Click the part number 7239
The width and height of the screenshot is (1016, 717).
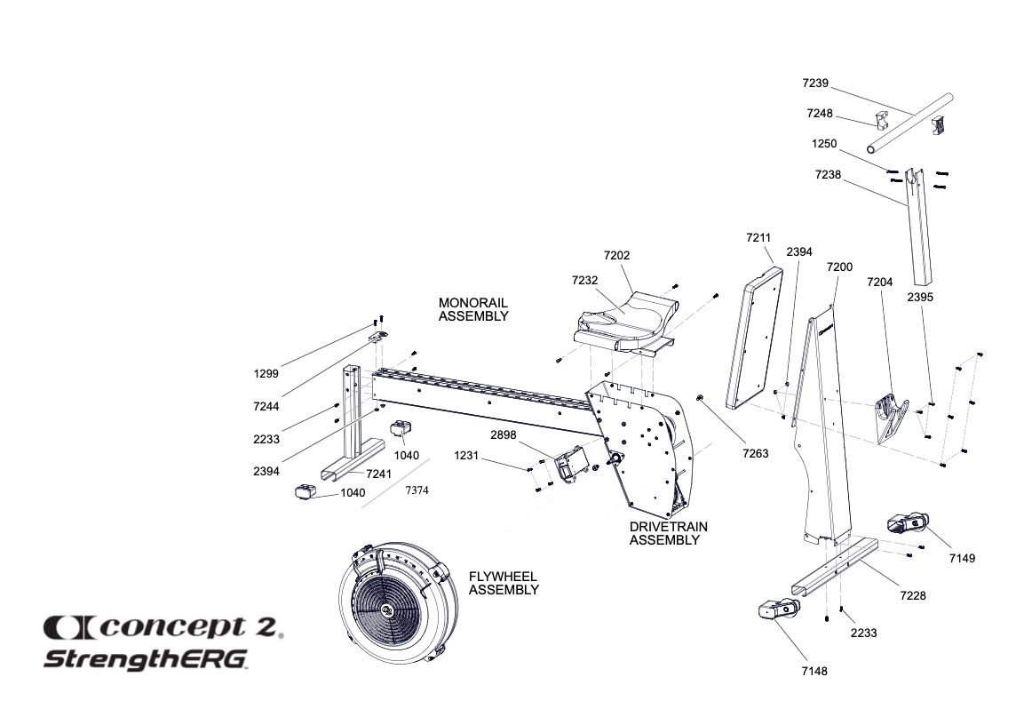814,84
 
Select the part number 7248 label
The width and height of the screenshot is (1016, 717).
820,114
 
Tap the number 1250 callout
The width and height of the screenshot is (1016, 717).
823,143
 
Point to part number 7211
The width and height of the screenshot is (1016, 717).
759,238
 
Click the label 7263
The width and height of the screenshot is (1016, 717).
755,453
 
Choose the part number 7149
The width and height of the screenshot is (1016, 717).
962,558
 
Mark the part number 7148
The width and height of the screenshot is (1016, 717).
814,671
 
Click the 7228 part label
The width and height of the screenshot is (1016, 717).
913,595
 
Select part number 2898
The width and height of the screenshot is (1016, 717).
504,434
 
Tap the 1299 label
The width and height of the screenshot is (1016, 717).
266,374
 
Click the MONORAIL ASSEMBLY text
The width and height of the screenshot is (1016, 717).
473,309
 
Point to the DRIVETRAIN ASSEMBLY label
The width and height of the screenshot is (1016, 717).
669,533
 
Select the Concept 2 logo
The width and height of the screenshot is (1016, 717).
163,628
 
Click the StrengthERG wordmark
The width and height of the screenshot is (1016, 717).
147,660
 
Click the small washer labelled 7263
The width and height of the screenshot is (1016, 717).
702,399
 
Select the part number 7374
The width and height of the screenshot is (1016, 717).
417,490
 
